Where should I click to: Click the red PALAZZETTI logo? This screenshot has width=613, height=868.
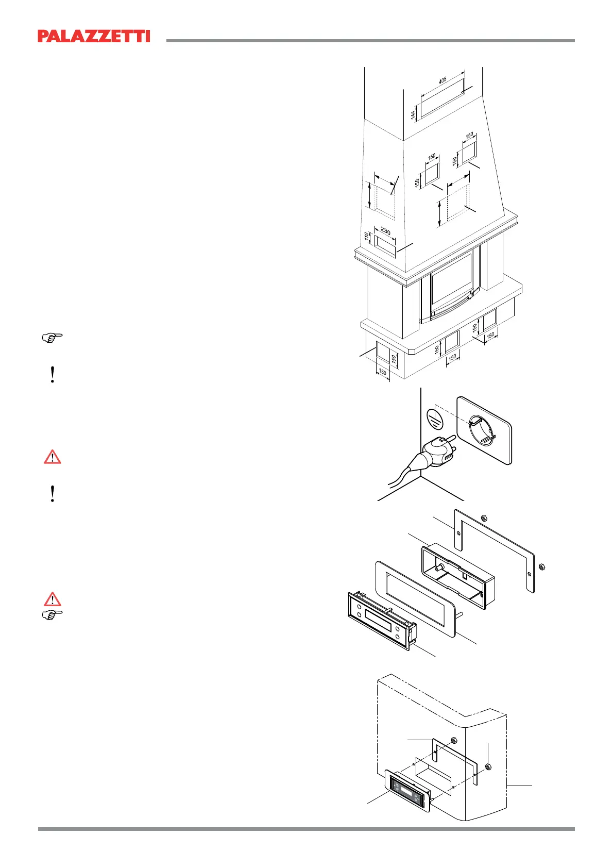(x=94, y=36)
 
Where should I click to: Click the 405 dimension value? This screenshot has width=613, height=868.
(x=442, y=81)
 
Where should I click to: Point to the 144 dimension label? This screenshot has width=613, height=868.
(x=413, y=114)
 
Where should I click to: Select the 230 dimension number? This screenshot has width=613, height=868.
(x=385, y=231)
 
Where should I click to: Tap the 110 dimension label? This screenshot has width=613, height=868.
(x=367, y=237)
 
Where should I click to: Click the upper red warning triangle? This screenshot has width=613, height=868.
(x=52, y=457)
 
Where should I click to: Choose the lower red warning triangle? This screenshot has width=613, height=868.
(x=52, y=599)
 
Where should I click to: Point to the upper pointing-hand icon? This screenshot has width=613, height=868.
(x=52, y=338)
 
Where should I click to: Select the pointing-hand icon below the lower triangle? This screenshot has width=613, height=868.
(x=52, y=614)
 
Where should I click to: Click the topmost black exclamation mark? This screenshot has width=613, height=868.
(x=52, y=374)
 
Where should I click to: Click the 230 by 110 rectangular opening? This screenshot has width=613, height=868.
(x=385, y=245)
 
